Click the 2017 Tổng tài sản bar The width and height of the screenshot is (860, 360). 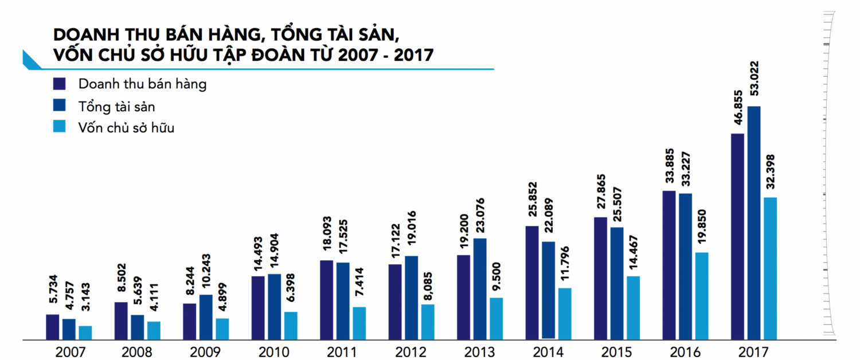click(x=754, y=223)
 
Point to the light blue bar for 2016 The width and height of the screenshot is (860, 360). click(x=702, y=296)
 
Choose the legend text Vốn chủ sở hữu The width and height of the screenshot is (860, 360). click(x=126, y=128)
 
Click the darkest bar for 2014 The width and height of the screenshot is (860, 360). click(x=532, y=283)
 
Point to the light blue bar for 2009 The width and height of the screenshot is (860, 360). click(x=222, y=328)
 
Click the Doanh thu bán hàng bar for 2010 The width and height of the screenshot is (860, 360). click(x=258, y=308)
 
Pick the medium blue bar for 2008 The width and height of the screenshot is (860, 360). click(x=138, y=327)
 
